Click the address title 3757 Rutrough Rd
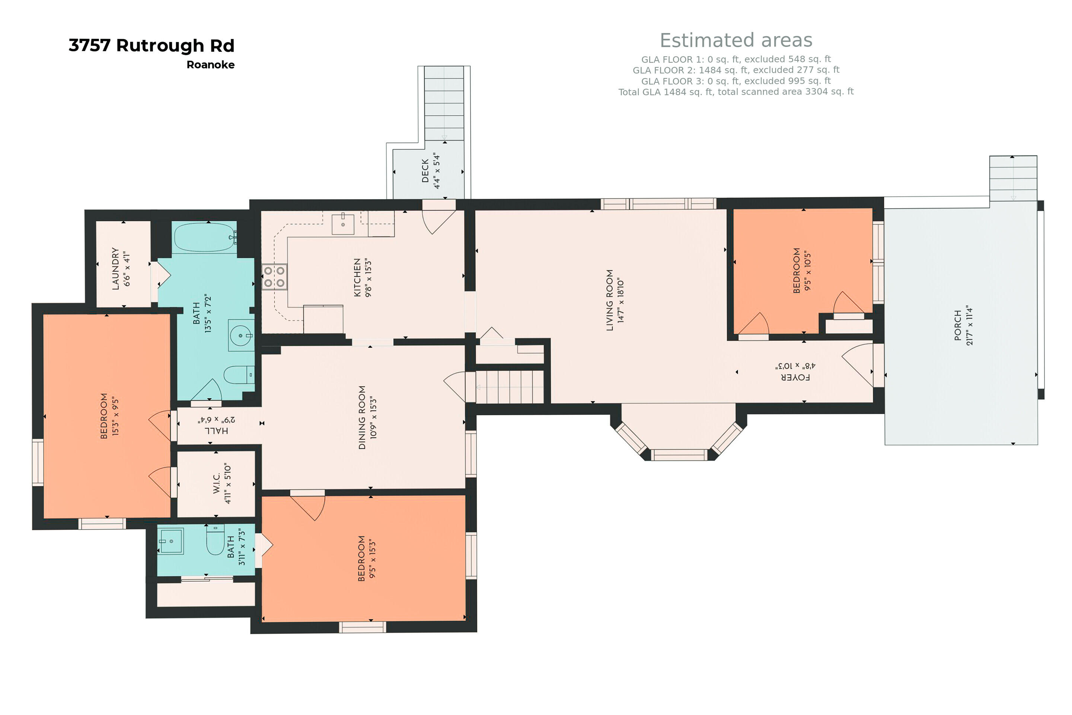click(151, 45)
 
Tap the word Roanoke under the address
click(211, 65)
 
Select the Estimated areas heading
click(736, 40)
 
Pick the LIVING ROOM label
click(610, 300)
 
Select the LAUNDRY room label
click(115, 268)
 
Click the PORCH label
click(958, 325)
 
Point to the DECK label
click(425, 171)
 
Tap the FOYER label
click(796, 377)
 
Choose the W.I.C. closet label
click(217, 483)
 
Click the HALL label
click(216, 430)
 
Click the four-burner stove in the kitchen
click(274, 277)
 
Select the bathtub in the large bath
click(205, 237)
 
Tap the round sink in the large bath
click(241, 336)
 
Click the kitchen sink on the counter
click(343, 224)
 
